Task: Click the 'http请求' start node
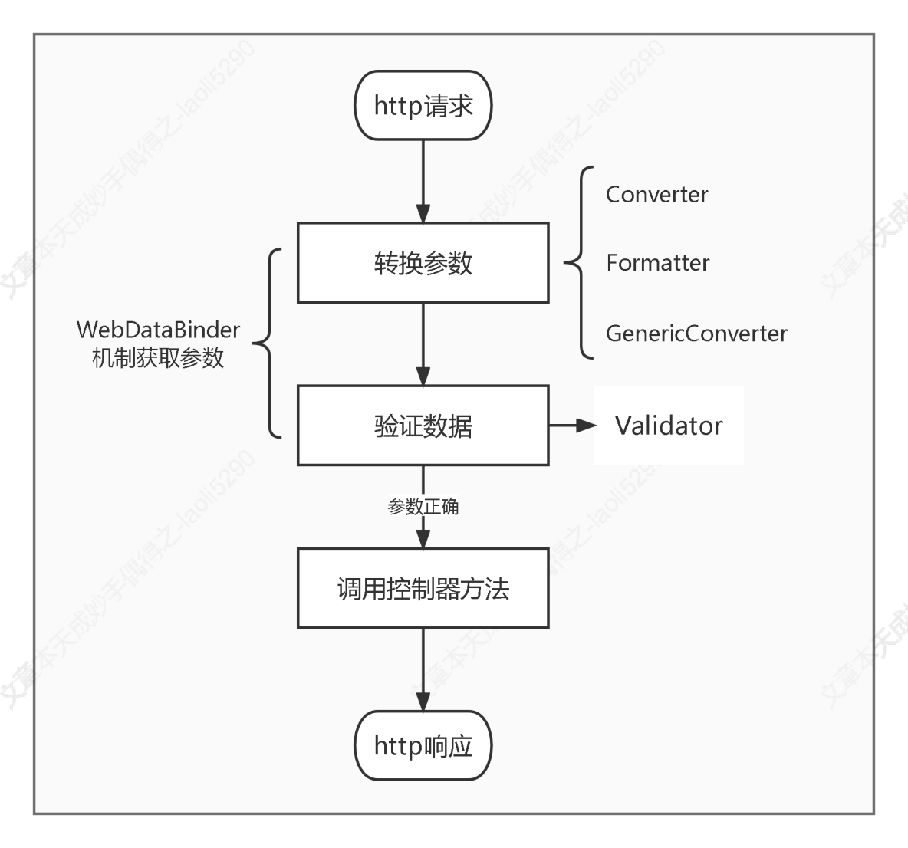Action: (423, 106)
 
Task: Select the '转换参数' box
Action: (423, 263)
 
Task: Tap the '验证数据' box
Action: (423, 426)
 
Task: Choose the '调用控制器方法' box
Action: (423, 588)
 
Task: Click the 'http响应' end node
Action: (423, 745)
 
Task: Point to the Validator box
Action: (668, 426)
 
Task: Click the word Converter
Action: (656, 194)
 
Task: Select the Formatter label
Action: (657, 263)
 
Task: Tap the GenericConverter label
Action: (696, 333)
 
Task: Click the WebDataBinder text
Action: (158, 330)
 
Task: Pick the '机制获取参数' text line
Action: (158, 358)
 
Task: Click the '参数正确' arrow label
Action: (423, 506)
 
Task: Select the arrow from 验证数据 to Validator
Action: (571, 426)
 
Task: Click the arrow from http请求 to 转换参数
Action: (423, 181)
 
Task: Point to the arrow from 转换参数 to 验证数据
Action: (423, 343)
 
